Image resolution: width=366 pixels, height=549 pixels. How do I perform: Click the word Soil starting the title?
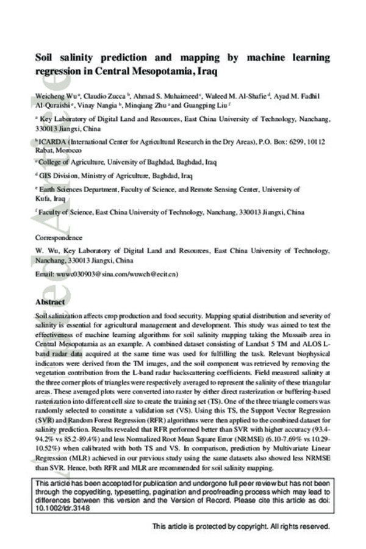point(45,58)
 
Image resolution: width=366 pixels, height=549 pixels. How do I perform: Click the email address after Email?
point(116,274)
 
